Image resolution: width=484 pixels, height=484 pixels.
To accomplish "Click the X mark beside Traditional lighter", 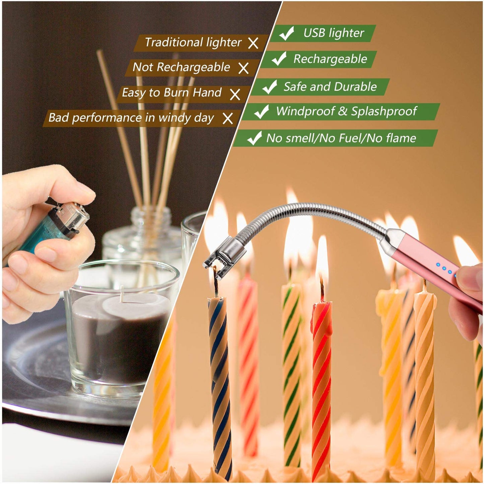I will pyautogui.click(x=253, y=43).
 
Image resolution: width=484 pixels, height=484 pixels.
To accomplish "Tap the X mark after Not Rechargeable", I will pyautogui.click(x=244, y=68).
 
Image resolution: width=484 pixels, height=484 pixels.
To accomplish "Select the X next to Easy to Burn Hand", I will pyautogui.click(x=235, y=94).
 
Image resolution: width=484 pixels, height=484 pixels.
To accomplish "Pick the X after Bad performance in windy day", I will pyautogui.click(x=228, y=119).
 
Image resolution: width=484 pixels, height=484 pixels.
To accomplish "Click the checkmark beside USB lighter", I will pyautogui.click(x=286, y=33).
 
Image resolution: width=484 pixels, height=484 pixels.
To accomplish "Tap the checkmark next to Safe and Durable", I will pyautogui.click(x=270, y=87).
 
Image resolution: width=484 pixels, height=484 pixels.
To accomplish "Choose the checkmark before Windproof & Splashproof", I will pyautogui.click(x=262, y=112).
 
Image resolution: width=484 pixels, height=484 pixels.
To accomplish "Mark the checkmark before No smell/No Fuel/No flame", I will pyautogui.click(x=255, y=138).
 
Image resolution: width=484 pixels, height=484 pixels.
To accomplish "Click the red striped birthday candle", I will pyautogui.click(x=322, y=385).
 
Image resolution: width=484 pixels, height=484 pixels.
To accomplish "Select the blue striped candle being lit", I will pyautogui.click(x=220, y=385).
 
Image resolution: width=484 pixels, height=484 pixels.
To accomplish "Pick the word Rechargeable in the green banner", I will pyautogui.click(x=330, y=59).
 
